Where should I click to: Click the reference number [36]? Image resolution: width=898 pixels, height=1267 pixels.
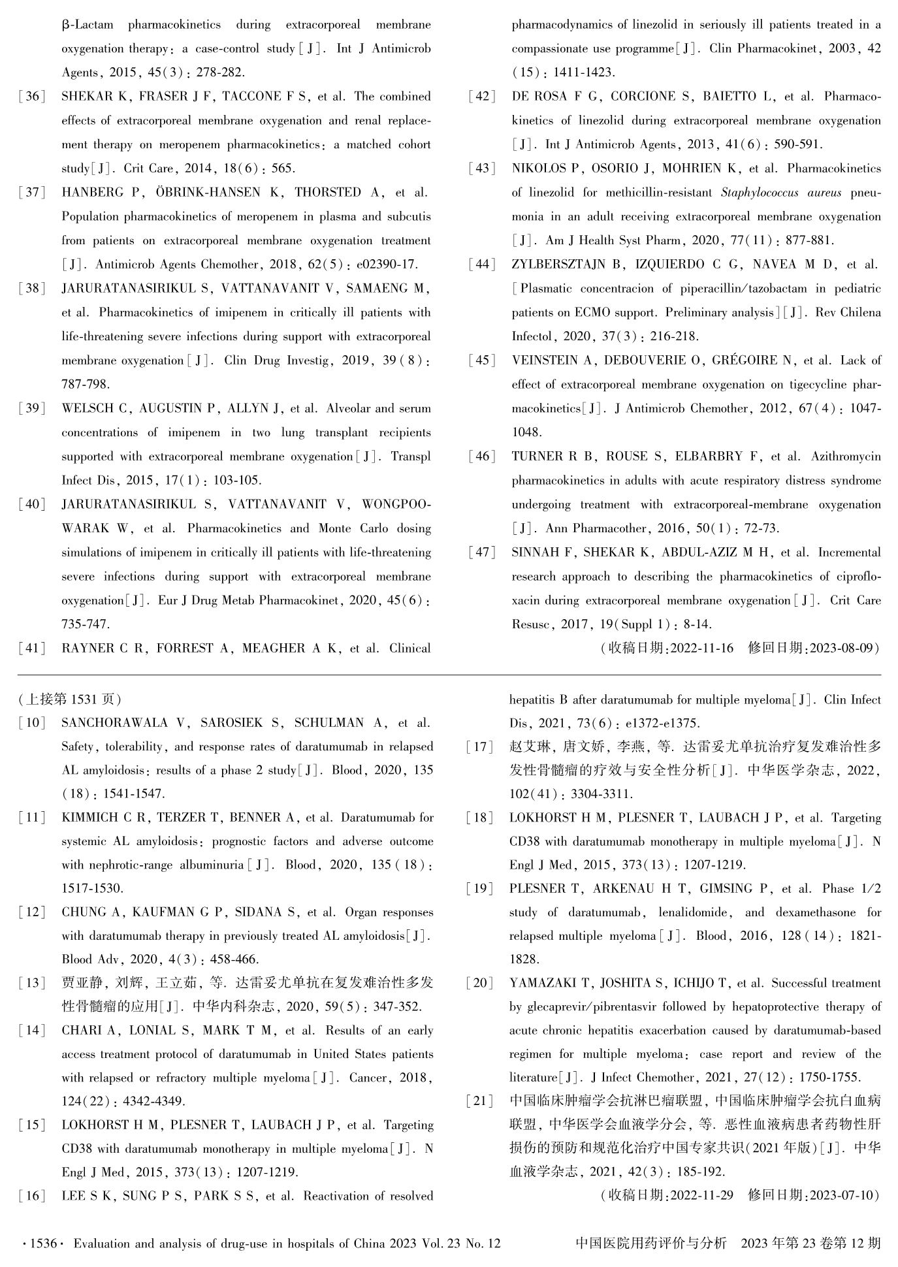tap(32, 97)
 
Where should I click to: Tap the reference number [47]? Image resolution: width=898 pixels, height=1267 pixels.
tap(482, 553)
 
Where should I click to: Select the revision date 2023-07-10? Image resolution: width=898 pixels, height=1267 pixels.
tap(842, 1195)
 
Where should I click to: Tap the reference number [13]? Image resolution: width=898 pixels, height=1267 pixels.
tap(32, 983)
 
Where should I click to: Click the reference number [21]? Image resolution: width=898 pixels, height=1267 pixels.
tap(480, 1101)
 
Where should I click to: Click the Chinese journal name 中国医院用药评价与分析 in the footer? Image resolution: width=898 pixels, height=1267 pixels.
tap(650, 1243)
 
